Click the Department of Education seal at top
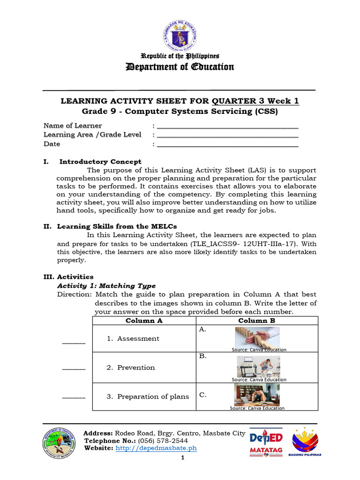[180, 33]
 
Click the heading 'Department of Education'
[180, 67]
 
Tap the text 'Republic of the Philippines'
[180, 56]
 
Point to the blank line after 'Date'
[227, 144]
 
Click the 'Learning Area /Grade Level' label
[92, 135]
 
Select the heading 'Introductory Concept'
[100, 162]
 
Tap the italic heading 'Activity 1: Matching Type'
[106, 285]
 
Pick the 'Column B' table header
[256, 321]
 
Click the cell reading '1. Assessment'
[138, 338]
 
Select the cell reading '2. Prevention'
[135, 367]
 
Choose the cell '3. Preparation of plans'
[147, 397]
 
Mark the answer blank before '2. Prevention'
[74, 368]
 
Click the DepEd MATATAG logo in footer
[265, 443]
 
